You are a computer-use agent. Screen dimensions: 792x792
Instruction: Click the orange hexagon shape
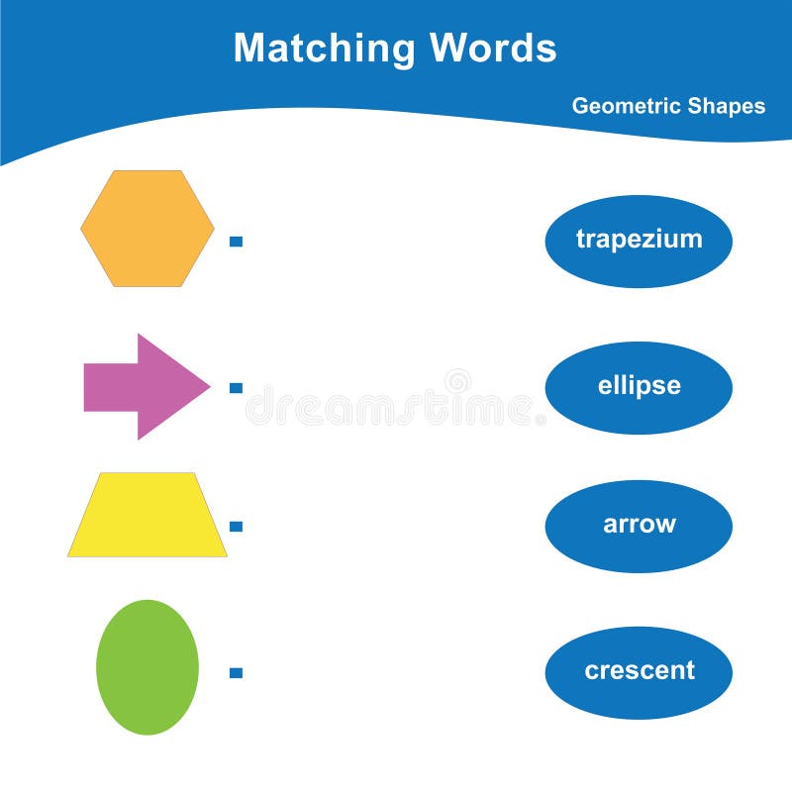[x=147, y=229]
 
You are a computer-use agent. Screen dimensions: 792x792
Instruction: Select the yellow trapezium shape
[x=148, y=515]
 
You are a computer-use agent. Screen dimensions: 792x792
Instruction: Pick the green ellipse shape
[x=148, y=667]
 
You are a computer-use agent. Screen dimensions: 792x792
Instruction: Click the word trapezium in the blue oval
[x=639, y=240]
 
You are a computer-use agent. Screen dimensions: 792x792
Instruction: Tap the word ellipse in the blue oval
[x=639, y=386]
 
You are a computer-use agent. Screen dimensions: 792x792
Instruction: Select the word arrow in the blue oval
[x=639, y=525]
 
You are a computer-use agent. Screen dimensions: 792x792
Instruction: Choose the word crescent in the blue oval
[x=639, y=671]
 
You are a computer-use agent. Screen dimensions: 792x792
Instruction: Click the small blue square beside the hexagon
[x=236, y=241]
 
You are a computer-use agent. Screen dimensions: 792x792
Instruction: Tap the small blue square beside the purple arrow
[x=236, y=388]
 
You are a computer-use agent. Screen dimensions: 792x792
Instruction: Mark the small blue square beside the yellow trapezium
[x=236, y=526]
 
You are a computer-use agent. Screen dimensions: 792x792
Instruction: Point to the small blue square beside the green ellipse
[x=236, y=672]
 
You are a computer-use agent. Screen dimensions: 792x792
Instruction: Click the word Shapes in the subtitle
[x=728, y=106]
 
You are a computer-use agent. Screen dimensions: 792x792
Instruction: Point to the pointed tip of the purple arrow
[x=206, y=386]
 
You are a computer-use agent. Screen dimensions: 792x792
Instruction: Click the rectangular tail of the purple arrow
[x=110, y=386]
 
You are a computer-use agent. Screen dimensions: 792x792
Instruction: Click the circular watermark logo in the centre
[x=457, y=381]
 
